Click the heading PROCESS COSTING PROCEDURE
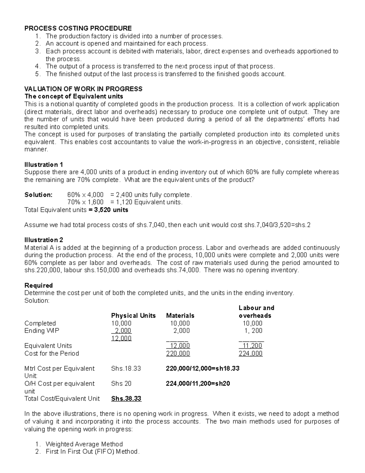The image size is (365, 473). click(78, 28)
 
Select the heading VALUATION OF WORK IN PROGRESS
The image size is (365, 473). click(83, 89)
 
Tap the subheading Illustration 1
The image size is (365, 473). click(43, 165)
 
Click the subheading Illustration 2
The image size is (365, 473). click(43, 240)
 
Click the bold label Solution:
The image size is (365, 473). click(38, 195)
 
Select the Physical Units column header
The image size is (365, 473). click(133, 316)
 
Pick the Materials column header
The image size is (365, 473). click(180, 316)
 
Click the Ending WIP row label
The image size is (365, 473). click(42, 331)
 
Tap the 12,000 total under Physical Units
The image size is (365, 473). click(121, 338)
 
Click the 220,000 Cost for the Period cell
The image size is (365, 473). click(178, 354)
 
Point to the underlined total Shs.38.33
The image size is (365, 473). click(126, 399)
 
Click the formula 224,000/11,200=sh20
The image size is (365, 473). click(198, 384)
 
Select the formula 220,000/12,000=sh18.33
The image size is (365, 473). click(203, 369)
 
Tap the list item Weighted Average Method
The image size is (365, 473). click(84, 444)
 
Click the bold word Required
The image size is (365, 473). click(38, 285)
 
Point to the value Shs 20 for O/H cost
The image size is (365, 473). click(121, 384)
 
